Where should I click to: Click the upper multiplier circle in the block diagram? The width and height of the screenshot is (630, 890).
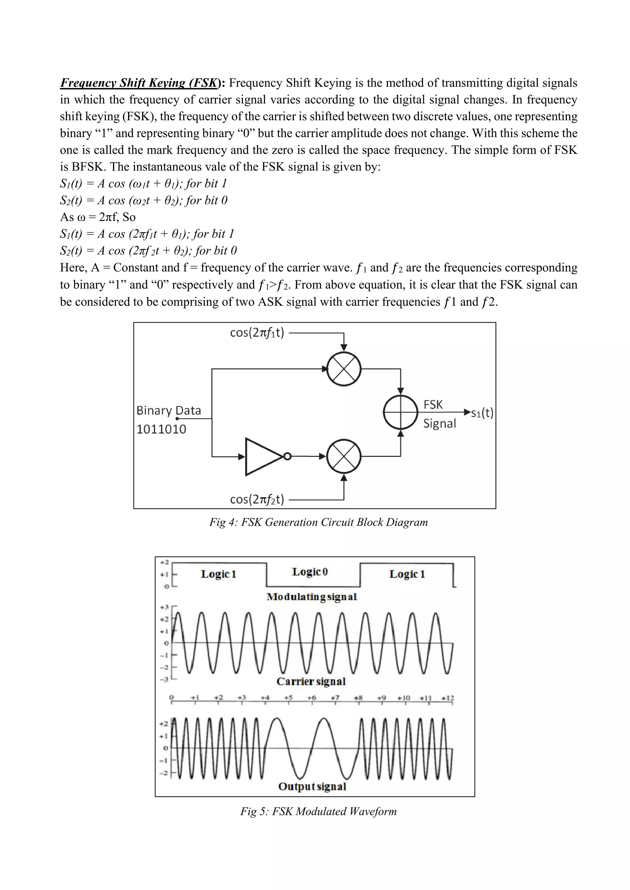tap(344, 369)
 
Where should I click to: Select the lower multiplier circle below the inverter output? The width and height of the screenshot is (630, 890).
tap(344, 457)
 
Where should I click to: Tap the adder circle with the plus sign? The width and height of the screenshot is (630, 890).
tap(400, 412)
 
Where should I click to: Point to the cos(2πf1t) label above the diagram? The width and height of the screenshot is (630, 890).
tap(257, 333)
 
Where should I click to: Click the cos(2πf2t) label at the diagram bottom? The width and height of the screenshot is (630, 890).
tap(257, 499)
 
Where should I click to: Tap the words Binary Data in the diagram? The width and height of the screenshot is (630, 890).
tap(169, 411)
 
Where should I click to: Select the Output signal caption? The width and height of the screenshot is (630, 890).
tap(312, 786)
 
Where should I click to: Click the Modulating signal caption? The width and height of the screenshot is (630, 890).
tap(312, 597)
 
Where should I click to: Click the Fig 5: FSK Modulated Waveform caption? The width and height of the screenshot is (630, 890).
tap(318, 811)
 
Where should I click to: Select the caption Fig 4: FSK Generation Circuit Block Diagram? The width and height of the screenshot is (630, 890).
tap(318, 522)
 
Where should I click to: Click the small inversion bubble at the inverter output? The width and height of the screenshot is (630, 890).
tap(287, 457)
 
